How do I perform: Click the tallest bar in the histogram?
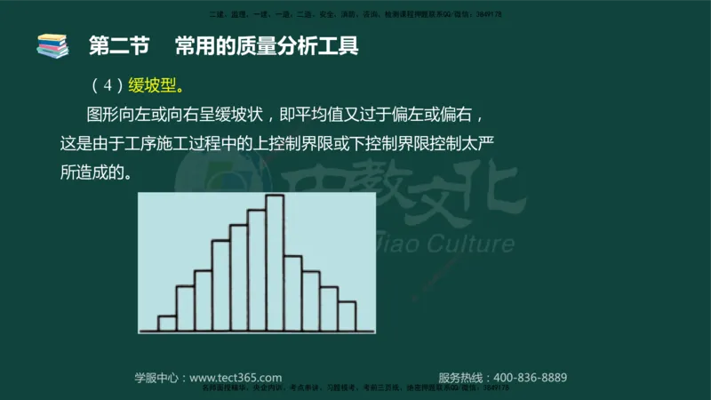tap(275, 262)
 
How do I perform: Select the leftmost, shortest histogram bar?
tap(167, 323)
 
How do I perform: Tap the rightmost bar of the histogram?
tap(347, 316)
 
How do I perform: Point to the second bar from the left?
tap(185, 308)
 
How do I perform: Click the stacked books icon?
tap(52, 46)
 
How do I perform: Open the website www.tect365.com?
tap(236, 377)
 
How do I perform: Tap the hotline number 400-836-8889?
tap(530, 377)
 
